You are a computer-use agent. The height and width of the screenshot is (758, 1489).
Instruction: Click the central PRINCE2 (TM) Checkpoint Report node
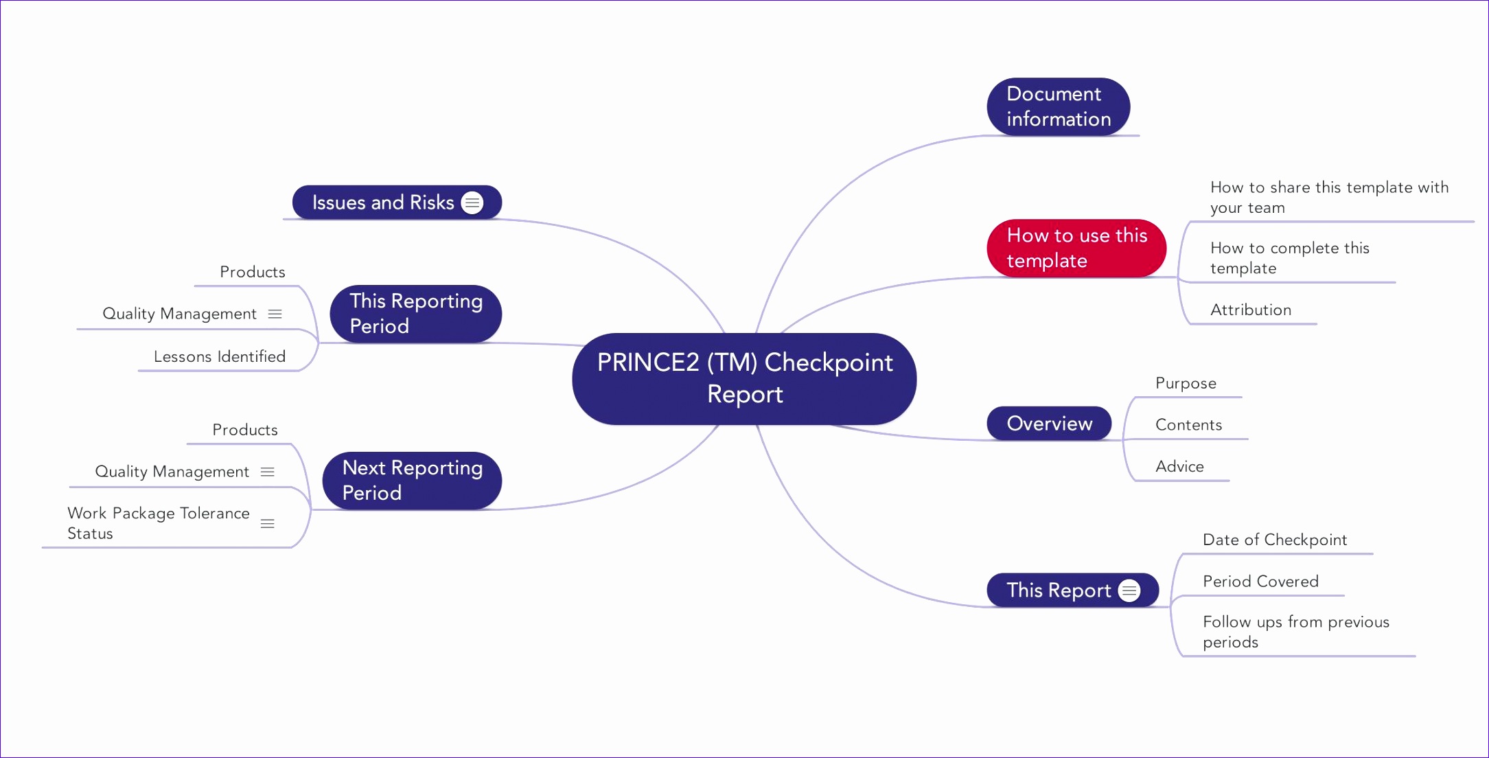[x=744, y=378]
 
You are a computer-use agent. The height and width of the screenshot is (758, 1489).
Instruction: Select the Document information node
[x=1058, y=106]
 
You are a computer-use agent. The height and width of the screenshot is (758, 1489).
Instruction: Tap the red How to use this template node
[x=1076, y=248]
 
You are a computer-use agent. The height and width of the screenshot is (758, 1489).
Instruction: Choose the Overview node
[x=1049, y=423]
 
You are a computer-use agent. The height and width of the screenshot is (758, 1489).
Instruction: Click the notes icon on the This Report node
[x=1129, y=590]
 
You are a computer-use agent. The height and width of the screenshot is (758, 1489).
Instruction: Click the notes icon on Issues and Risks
[x=472, y=203]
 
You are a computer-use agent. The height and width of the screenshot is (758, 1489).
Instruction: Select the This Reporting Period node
[x=415, y=313]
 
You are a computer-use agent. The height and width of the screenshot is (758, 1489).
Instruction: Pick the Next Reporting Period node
[x=412, y=480]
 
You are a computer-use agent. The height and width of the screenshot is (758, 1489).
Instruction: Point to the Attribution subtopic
[x=1250, y=310]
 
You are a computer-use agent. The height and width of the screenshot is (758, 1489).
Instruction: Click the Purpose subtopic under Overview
[x=1186, y=383]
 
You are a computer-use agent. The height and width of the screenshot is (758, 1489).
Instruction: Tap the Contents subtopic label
[x=1188, y=425]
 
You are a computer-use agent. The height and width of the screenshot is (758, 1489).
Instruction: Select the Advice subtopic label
[x=1179, y=467]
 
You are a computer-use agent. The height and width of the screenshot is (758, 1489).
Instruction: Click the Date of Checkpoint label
[x=1274, y=540]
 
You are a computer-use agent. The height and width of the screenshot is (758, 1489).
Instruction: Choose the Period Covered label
[x=1260, y=582]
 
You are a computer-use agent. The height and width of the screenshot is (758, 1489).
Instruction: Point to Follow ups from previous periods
[x=1295, y=632]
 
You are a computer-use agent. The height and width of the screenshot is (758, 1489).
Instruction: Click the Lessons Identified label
[x=220, y=356]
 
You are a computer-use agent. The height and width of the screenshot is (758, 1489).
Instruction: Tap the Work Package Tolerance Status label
[x=158, y=523]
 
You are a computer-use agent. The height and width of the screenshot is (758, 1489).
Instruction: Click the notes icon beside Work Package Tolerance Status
[x=268, y=524]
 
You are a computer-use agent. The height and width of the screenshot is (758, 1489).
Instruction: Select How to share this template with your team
[x=1328, y=197]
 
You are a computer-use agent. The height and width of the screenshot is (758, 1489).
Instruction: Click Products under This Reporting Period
[x=252, y=272]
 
